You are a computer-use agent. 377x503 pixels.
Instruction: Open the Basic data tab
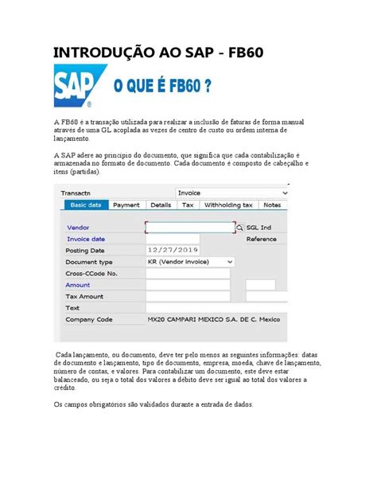click(85, 205)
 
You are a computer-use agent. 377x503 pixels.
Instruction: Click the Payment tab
click(126, 205)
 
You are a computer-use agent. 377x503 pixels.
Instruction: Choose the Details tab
click(161, 205)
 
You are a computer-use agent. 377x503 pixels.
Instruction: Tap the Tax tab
click(188, 205)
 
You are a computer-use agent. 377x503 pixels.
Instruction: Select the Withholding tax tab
click(228, 205)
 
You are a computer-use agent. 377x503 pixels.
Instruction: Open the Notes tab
click(272, 205)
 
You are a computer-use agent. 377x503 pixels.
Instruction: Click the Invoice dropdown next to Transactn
click(231, 193)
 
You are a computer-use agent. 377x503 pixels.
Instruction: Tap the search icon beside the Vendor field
click(239, 227)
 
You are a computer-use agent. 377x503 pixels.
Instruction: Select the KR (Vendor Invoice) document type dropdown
click(190, 261)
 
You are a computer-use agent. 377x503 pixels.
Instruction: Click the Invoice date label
click(86, 239)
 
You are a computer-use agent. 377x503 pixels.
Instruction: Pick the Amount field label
click(78, 284)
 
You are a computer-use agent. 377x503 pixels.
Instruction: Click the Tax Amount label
click(84, 296)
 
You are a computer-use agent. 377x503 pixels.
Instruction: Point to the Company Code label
click(88, 319)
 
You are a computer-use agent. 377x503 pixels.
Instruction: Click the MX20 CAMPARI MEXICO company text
click(213, 319)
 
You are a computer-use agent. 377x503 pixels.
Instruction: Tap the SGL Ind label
click(259, 227)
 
